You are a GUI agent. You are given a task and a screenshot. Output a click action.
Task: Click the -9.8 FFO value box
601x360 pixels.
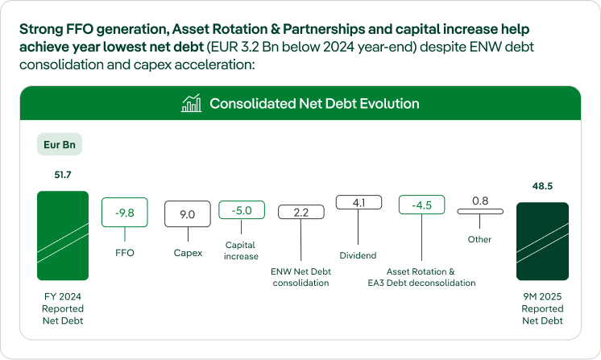point(124,213)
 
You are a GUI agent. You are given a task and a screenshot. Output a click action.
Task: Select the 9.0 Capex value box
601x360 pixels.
point(187,214)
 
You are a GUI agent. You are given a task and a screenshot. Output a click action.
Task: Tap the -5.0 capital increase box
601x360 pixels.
point(242,210)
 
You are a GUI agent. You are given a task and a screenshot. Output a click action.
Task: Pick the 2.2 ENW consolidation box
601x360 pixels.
point(300,213)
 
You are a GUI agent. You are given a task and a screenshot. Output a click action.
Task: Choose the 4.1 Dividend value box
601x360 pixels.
point(359,203)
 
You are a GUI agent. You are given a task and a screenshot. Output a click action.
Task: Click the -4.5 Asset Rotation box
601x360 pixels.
point(422,205)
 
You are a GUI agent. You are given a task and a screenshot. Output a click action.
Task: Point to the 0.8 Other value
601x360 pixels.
point(480,200)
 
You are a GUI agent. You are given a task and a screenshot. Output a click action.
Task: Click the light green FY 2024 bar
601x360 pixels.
point(63,235)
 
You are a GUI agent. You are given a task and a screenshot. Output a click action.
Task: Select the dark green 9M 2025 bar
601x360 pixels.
point(542,242)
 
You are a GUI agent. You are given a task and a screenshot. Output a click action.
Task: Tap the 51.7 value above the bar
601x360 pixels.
point(63,174)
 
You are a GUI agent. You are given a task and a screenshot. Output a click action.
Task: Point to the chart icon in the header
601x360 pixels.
point(192,104)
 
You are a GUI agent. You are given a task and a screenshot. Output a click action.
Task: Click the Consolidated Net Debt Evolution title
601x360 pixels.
point(314,104)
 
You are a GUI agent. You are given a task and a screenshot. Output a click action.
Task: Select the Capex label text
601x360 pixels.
point(188,253)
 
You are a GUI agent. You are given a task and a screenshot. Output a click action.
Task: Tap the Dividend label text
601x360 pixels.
point(358,255)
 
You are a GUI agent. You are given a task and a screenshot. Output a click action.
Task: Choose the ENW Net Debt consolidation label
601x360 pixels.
point(300,277)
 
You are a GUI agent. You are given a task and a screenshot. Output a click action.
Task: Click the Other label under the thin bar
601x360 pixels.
point(479,239)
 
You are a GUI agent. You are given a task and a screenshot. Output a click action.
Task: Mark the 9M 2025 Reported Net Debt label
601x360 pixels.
point(542,308)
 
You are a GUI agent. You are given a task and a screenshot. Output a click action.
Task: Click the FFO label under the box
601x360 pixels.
point(125,252)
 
